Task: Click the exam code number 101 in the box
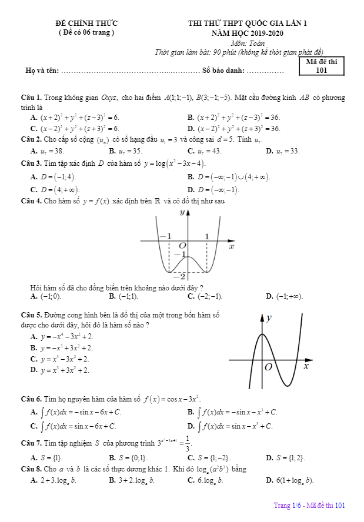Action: click(x=321, y=71)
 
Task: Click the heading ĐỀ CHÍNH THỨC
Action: click(x=86, y=24)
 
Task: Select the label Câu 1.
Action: click(x=30, y=98)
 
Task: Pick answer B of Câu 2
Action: click(x=126, y=151)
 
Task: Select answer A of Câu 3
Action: click(x=54, y=176)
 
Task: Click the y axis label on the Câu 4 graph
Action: click(x=182, y=212)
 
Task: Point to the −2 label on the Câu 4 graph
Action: click(x=182, y=276)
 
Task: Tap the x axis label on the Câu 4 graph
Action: click(x=231, y=247)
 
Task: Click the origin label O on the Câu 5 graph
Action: click(x=268, y=367)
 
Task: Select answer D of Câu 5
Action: click(x=60, y=370)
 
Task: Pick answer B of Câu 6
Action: click(x=232, y=412)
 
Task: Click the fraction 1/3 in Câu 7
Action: click(x=188, y=442)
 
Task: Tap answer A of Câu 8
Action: click(x=54, y=480)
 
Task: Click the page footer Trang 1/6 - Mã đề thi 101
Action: click(x=309, y=505)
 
